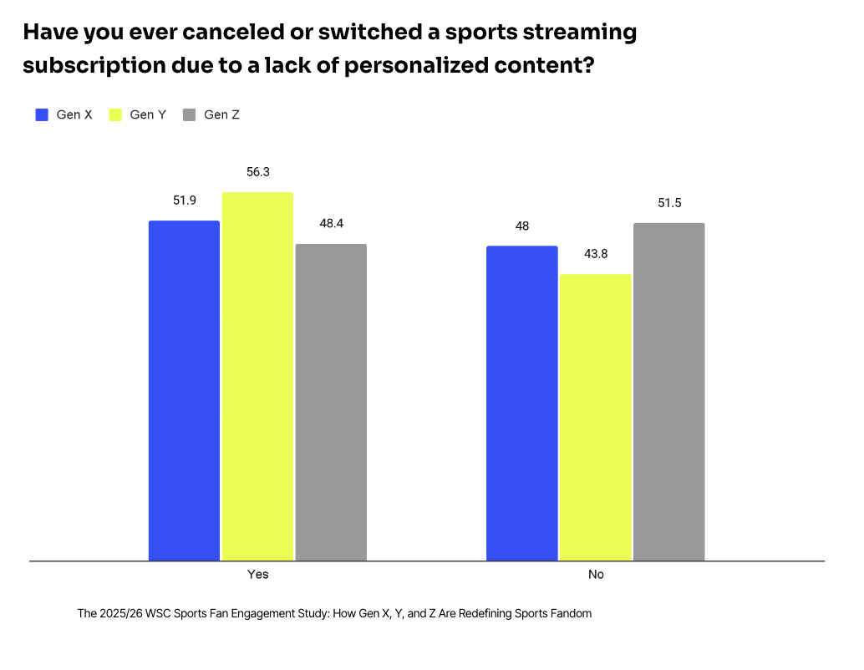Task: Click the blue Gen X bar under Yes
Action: pyautogui.click(x=184, y=390)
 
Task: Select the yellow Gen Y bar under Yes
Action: pyautogui.click(x=257, y=376)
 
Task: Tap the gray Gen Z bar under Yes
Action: pyautogui.click(x=331, y=402)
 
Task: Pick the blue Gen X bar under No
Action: pyautogui.click(x=522, y=403)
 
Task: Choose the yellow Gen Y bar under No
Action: pyautogui.click(x=595, y=417)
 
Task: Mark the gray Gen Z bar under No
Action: pyautogui.click(x=668, y=391)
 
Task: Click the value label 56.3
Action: pyautogui.click(x=257, y=172)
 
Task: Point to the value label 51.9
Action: pyautogui.click(x=184, y=200)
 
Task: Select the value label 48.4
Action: pyautogui.click(x=331, y=224)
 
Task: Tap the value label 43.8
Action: pyautogui.click(x=595, y=254)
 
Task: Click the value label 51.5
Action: pyautogui.click(x=668, y=203)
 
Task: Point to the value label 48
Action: pyautogui.click(x=522, y=226)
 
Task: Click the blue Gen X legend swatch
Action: pyautogui.click(x=42, y=114)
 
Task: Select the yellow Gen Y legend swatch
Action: pyautogui.click(x=115, y=114)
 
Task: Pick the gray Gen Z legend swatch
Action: pyautogui.click(x=189, y=114)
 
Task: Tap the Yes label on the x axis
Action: pyautogui.click(x=257, y=575)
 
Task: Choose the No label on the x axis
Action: pyautogui.click(x=595, y=575)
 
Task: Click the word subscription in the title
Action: pyautogui.click(x=91, y=66)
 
